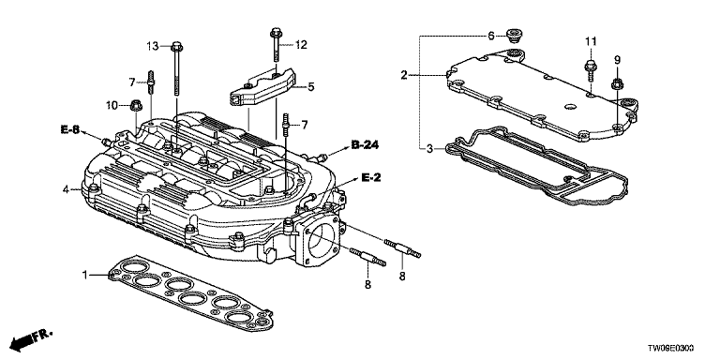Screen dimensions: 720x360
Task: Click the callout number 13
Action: point(153,46)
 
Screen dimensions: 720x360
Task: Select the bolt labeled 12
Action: point(275,45)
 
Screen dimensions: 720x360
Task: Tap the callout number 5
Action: point(311,86)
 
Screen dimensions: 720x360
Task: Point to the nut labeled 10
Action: point(136,106)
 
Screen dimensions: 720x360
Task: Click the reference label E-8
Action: point(69,129)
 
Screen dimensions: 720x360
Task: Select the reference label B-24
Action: point(365,145)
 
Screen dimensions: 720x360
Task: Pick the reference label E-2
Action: point(370,177)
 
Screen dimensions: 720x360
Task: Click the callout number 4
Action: point(66,189)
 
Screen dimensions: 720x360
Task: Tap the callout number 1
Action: point(84,275)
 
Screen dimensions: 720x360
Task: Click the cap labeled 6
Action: point(512,34)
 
